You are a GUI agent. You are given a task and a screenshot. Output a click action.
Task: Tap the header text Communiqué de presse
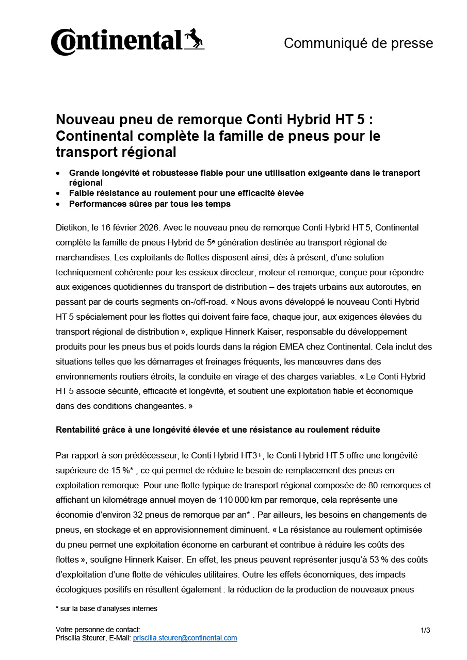[358, 43]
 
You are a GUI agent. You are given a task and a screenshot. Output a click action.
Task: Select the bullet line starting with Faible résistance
[186, 193]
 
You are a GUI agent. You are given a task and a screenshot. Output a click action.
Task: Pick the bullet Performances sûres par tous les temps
[150, 204]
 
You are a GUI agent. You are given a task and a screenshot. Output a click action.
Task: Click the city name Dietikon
[71, 227]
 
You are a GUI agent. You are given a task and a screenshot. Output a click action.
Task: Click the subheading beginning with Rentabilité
[218, 430]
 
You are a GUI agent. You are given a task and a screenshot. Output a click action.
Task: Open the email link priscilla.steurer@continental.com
[185, 638]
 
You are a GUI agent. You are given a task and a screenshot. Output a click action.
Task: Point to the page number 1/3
[425, 630]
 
